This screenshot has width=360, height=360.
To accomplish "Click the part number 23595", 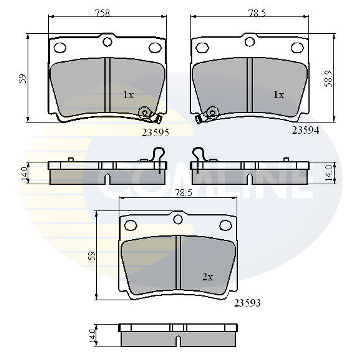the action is [x=155, y=133].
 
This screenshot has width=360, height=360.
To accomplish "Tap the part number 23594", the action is [x=305, y=130].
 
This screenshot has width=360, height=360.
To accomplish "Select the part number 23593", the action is [x=247, y=303].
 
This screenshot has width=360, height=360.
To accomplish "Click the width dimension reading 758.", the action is [x=103, y=13].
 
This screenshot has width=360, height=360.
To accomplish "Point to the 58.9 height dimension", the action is [x=328, y=78].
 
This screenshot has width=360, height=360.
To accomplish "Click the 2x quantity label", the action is [x=208, y=277].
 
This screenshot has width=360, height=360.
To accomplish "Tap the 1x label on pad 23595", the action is [x=129, y=95].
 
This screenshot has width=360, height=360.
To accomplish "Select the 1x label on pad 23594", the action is [x=279, y=95].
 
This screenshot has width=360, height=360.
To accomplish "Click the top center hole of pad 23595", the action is [x=107, y=42].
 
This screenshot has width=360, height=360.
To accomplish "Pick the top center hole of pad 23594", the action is [x=250, y=42].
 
